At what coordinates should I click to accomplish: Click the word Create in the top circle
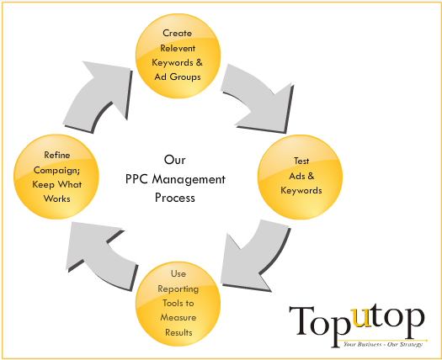tap(178, 33)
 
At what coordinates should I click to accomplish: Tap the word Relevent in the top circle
tap(178, 48)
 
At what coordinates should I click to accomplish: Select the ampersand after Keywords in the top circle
tap(199, 62)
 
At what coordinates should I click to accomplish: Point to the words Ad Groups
tap(178, 77)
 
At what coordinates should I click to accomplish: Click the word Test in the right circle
tap(301, 161)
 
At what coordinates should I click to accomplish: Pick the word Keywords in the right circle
tap(301, 190)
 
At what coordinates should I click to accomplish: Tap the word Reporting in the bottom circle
tap(178, 289)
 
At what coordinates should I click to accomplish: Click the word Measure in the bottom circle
tap(178, 317)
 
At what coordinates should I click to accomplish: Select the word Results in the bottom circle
tap(178, 332)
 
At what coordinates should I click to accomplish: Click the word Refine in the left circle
tap(57, 155)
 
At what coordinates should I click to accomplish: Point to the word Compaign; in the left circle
tap(56, 171)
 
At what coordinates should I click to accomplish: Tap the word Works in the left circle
tap(57, 199)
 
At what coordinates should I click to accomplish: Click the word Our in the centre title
tap(175, 160)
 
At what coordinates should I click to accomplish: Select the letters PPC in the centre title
tap(136, 179)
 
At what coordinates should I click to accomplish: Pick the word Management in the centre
tap(189, 179)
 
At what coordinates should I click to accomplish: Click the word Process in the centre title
tap(175, 198)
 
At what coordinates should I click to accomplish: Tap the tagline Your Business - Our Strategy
tap(383, 344)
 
